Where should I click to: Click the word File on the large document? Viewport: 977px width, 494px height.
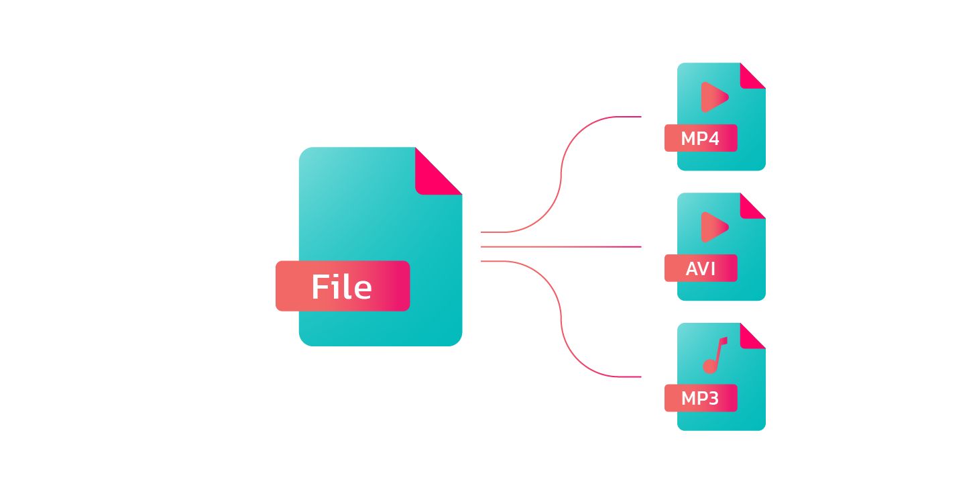(341, 287)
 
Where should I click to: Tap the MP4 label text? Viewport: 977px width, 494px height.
(699, 139)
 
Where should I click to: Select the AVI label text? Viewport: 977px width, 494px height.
(701, 269)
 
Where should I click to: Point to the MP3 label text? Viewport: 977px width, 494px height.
(699, 399)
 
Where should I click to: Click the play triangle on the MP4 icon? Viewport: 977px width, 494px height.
(713, 97)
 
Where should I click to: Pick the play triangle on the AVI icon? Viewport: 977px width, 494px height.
(713, 227)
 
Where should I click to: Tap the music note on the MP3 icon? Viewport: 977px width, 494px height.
(714, 355)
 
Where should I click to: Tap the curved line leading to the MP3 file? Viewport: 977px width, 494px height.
(561, 318)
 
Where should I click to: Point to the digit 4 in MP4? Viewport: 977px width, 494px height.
(713, 139)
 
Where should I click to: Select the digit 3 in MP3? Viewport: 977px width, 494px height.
(713, 399)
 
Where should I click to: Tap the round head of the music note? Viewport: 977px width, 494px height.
(709, 366)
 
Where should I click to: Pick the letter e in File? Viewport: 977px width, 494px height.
(363, 289)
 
